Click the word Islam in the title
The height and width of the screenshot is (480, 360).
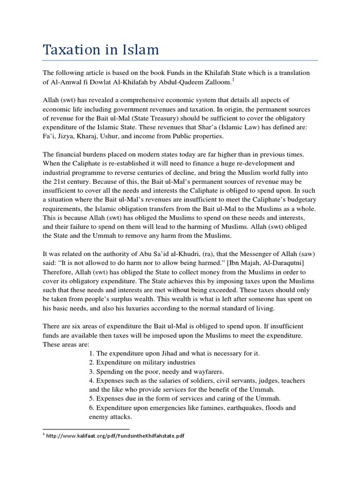[138, 49]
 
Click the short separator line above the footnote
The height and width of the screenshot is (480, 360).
[86, 428]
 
